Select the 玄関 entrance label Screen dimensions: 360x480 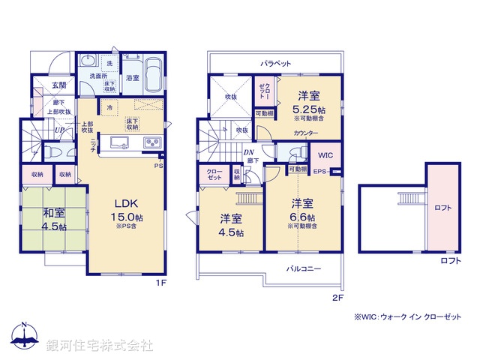(60, 85)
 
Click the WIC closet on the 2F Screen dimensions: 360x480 (325, 155)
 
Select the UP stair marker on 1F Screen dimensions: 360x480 (58, 130)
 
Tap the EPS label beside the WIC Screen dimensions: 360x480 (319, 172)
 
